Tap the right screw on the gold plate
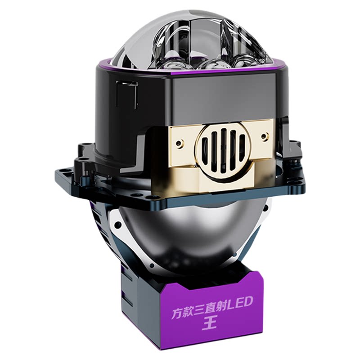click(265, 137)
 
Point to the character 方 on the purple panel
click(178, 313)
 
